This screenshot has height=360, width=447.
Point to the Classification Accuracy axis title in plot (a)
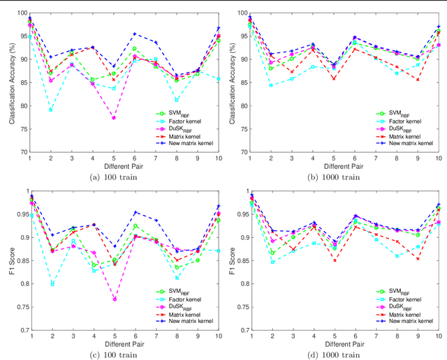point(11,82)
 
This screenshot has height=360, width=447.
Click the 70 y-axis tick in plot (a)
point(23,152)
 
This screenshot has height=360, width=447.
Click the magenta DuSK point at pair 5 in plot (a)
point(114,117)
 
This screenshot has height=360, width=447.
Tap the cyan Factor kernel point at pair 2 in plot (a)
point(51,110)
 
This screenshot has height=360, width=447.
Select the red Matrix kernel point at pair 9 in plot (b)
point(418,80)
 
